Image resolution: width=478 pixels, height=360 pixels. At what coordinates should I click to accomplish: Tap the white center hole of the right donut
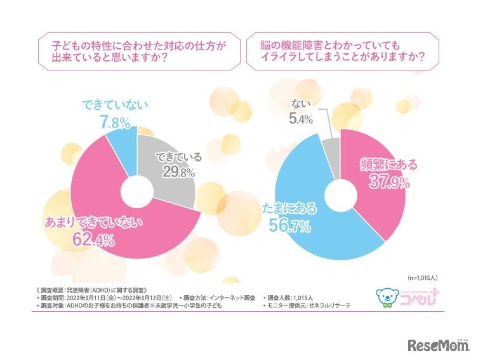[x=341, y=189]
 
